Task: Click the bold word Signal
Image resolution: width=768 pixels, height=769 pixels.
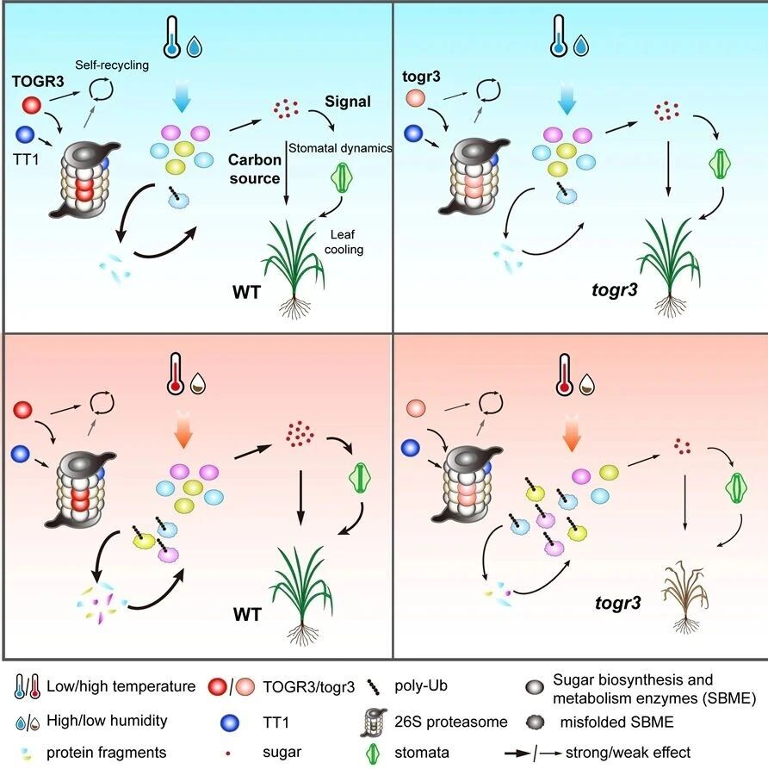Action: pyautogui.click(x=347, y=102)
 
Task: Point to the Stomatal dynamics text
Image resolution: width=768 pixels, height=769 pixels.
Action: pyautogui.click(x=340, y=148)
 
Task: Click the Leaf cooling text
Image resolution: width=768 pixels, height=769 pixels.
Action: pyautogui.click(x=351, y=242)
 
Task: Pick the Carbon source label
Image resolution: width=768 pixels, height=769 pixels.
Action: pyautogui.click(x=255, y=169)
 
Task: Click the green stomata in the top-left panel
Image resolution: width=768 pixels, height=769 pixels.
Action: pyautogui.click(x=343, y=183)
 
